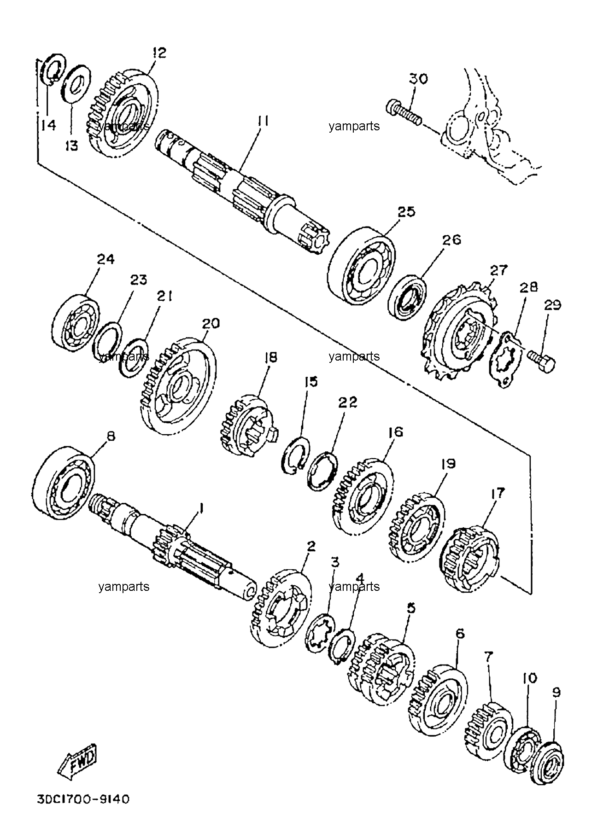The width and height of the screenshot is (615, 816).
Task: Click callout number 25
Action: [x=407, y=212]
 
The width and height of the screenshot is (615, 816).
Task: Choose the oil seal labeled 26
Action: [x=408, y=297]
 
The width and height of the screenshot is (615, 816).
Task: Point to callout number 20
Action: [x=210, y=324]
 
